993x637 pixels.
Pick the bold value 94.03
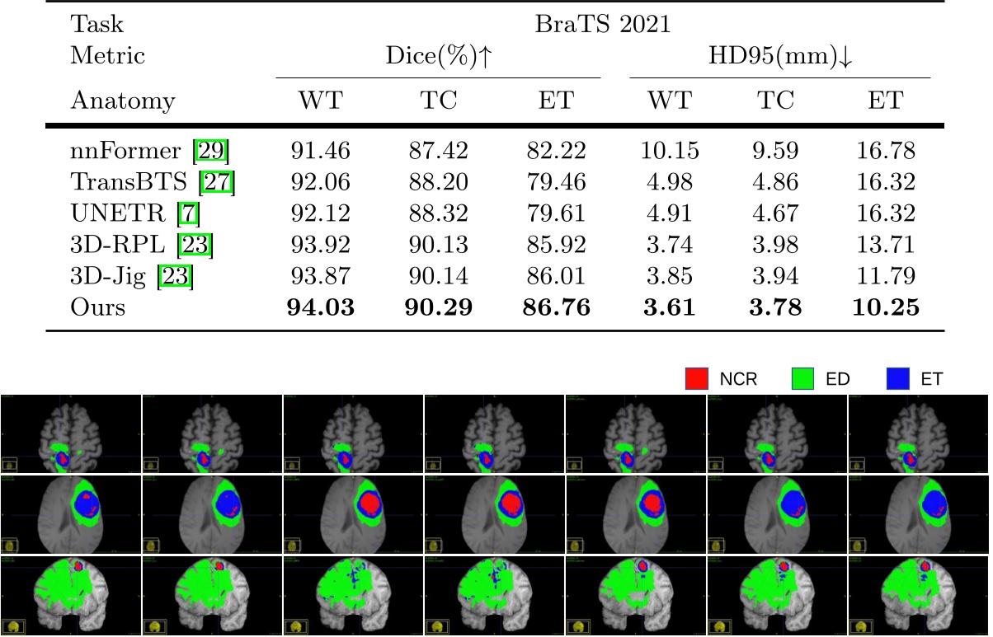pos(320,308)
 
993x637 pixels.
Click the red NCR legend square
pos(698,380)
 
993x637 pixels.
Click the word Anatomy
pos(123,101)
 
